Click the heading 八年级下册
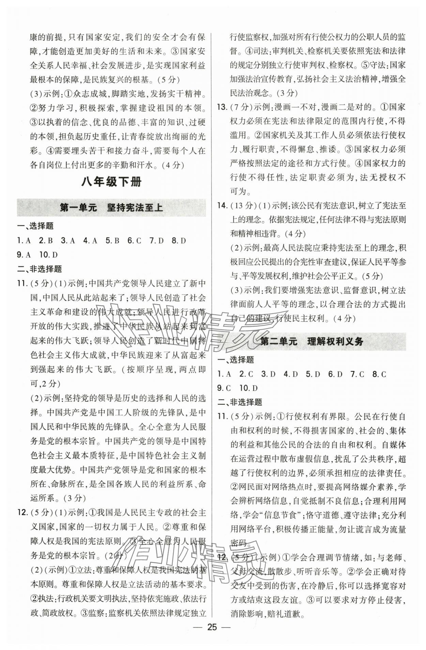click(111, 182)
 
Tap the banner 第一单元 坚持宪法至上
click(111, 207)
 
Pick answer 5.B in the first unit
click(112, 241)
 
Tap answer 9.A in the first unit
click(24, 255)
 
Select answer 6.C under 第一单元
click(134, 241)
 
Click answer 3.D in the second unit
click(268, 374)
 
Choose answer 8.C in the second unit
click(379, 374)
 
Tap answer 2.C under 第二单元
click(246, 374)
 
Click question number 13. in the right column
click(223, 107)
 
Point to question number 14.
click(223, 205)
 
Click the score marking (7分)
click(241, 107)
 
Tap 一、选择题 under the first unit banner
click(35, 226)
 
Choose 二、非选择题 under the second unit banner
click(240, 402)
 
